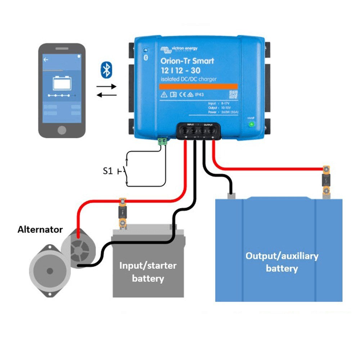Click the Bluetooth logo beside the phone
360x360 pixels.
coord(106,69)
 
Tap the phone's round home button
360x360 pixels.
coord(62,130)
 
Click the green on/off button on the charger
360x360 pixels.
coord(251,125)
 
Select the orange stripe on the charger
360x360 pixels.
coord(198,86)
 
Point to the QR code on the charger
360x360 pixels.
coord(234,94)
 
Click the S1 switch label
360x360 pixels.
coord(108,171)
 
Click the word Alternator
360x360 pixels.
coord(40,230)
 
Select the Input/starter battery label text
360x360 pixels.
coord(148,272)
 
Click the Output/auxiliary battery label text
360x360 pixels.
coord(282,262)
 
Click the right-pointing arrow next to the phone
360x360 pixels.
coord(107,86)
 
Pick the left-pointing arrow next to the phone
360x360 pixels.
coord(107,95)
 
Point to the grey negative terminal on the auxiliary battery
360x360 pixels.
coord(231,196)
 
